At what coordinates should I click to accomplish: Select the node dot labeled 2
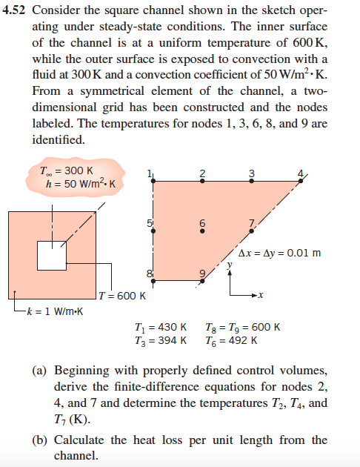(x=202, y=184)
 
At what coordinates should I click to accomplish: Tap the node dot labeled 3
(x=252, y=184)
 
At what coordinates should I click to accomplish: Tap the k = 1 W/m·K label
(x=56, y=310)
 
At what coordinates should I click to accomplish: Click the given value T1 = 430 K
(x=161, y=327)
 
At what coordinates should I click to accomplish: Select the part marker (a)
(x=40, y=369)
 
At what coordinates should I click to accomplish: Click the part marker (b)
(x=40, y=440)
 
